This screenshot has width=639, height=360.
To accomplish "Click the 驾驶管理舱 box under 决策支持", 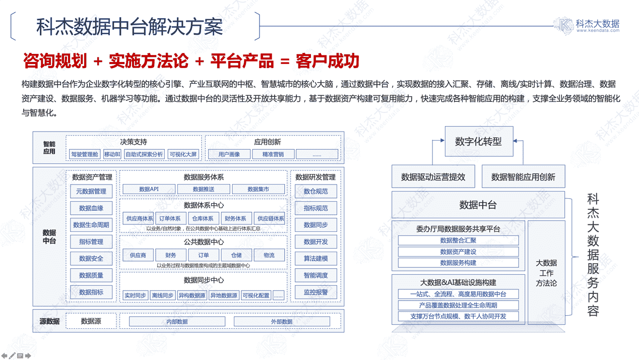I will [84, 154].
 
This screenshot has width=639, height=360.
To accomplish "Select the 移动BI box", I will [112, 154].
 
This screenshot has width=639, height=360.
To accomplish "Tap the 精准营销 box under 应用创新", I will [273, 154].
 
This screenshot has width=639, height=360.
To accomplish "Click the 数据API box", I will [149, 189].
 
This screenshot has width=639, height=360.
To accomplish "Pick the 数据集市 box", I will [258, 189].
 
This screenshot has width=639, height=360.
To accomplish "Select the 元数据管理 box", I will [91, 192].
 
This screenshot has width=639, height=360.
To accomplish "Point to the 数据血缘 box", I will [91, 208].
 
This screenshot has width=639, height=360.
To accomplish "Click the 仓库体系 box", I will [203, 218].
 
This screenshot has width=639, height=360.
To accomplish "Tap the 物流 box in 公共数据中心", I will [269, 255].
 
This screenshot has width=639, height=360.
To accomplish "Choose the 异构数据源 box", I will [192, 295].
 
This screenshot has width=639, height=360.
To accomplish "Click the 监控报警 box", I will [315, 292].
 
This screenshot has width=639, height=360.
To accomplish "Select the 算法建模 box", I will [315, 259].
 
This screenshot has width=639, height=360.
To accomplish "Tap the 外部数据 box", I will [281, 322].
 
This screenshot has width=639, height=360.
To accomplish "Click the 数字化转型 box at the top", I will [478, 142].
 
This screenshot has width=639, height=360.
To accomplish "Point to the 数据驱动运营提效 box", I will [433, 177].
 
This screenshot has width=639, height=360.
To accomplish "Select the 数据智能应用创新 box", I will [523, 177].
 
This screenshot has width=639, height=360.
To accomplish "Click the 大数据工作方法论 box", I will [546, 272].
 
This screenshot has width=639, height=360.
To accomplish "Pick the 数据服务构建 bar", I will [458, 263].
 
